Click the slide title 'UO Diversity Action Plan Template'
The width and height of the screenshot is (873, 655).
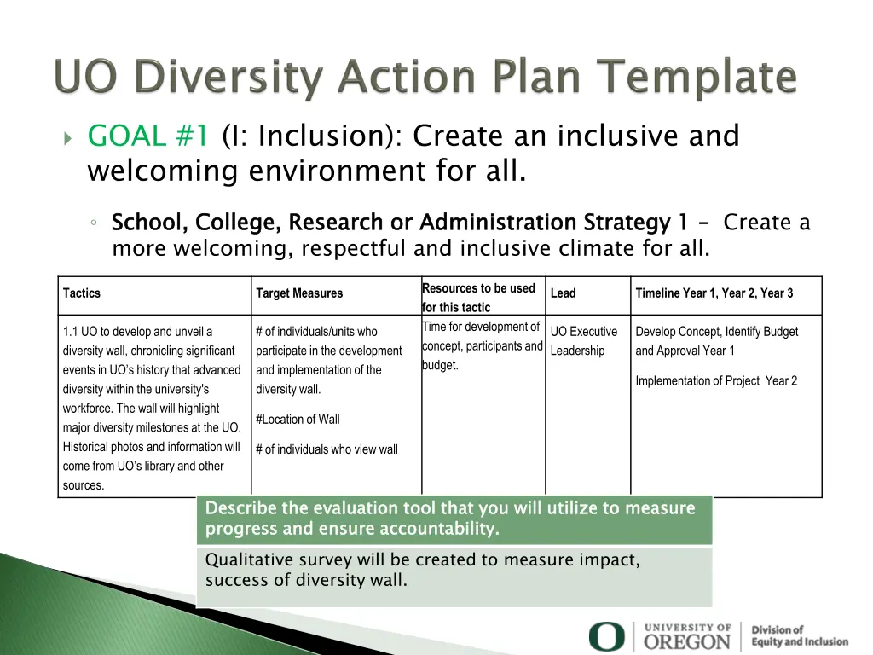pos(426,78)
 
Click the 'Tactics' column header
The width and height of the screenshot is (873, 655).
pos(82,293)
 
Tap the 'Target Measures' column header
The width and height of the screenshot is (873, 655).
pos(299,293)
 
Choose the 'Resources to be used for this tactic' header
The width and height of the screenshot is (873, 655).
pos(478,298)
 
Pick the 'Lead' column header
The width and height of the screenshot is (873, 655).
pos(563,293)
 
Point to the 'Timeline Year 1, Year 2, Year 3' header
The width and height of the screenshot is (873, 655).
pos(714,293)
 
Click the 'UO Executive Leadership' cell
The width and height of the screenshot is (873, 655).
pos(584,341)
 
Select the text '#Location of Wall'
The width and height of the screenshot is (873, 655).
pos(298,419)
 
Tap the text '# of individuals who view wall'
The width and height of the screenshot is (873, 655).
pos(327,449)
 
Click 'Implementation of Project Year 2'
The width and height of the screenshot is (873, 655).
pos(716,381)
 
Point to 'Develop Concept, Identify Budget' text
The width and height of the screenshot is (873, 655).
pos(716,332)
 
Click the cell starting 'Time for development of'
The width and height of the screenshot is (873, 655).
pos(483,346)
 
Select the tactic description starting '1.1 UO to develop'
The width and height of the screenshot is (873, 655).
pos(152,408)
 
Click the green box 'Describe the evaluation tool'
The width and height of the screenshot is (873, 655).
pos(454,519)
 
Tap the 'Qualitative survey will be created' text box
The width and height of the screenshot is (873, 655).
pos(454,571)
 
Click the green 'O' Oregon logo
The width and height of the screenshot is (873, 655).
pos(606,636)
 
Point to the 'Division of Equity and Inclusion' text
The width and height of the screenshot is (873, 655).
pos(799,635)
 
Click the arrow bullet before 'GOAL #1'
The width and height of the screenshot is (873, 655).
pos(69,137)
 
